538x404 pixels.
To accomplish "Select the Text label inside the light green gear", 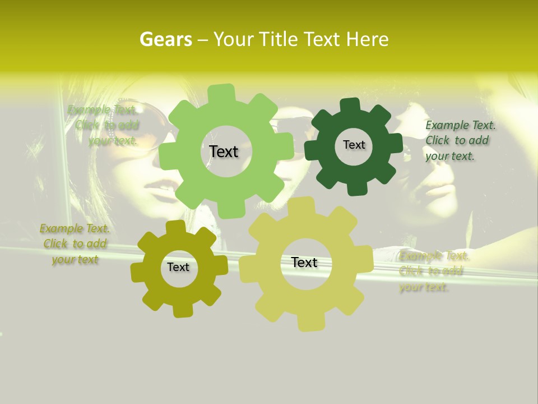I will click(x=224, y=151).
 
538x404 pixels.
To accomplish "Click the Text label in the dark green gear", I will click(x=354, y=145).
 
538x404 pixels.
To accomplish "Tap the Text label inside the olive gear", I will click(x=178, y=268).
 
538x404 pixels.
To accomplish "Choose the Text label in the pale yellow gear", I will click(x=304, y=263).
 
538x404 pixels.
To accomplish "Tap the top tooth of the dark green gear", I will click(x=350, y=104).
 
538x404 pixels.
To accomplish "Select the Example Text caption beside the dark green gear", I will click(x=460, y=140).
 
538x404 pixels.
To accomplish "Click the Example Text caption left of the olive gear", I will click(x=75, y=244).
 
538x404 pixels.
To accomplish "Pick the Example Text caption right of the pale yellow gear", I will click(x=433, y=272).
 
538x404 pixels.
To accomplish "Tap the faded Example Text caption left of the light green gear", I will click(x=104, y=125).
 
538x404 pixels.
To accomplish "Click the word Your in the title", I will click(x=231, y=39).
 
